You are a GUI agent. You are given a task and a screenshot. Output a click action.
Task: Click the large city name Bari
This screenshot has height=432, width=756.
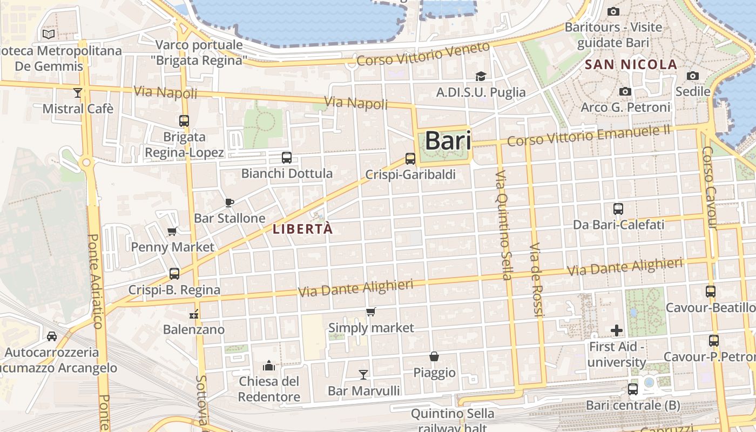pos(448,140)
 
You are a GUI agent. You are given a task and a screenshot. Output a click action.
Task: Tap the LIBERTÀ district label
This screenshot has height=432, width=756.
pos(302,229)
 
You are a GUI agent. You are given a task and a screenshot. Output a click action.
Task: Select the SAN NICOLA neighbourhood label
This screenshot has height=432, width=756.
pos(631,65)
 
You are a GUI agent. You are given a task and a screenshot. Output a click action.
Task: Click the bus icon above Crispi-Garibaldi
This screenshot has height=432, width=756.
pos(410,159)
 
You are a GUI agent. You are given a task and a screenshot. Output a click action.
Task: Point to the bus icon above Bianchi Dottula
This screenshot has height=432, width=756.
pos(286,158)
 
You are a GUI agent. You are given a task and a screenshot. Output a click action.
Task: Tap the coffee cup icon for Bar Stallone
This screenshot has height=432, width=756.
pos(229,202)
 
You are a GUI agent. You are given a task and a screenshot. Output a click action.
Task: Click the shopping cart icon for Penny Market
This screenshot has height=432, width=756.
pos(172,232)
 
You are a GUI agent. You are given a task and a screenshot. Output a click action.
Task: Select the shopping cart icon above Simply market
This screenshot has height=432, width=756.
pos(370,312)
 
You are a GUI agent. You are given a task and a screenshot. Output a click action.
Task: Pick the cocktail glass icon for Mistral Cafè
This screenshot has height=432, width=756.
pos(78,93)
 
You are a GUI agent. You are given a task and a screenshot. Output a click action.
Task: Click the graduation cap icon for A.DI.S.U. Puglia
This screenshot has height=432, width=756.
pos(481,77)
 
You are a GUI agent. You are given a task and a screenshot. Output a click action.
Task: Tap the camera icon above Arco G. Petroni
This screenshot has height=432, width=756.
pos(625,92)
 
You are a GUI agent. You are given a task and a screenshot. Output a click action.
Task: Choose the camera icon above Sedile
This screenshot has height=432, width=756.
pos(692,76)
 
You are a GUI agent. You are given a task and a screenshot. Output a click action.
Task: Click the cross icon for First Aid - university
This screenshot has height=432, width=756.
pos(617,330)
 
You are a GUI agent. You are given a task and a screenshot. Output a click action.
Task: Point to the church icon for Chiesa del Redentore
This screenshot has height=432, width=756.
pos(268,366)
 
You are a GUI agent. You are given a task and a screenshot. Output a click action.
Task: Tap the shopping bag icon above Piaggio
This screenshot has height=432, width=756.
pos(434,356)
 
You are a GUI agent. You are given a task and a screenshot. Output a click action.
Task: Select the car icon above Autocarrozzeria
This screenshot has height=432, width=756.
pos(52,336)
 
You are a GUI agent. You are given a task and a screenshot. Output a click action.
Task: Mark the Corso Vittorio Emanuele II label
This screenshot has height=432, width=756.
pos(589,135)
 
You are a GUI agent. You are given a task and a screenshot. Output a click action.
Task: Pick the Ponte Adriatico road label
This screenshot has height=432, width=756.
pos(95,281)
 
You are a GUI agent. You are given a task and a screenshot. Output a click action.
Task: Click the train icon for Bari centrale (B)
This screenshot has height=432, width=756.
pos(633,389)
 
